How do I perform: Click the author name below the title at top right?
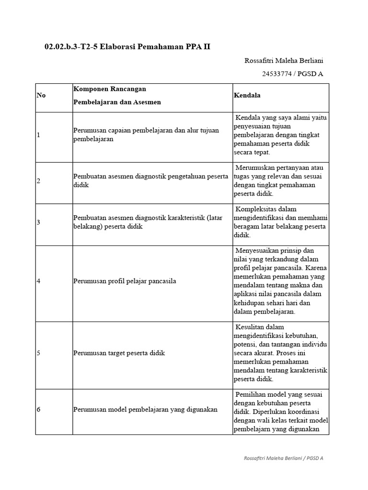pyautogui.click(x=284, y=61)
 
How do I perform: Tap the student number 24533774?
pyautogui.click(x=278, y=74)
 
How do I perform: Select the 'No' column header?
pyautogui.click(x=41, y=95)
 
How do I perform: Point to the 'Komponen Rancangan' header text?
pyautogui.click(x=110, y=89)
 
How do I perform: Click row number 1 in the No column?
pyautogui.click(x=39, y=135)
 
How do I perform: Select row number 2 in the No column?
pyautogui.click(x=39, y=181)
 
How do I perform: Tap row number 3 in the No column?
pyautogui.click(x=39, y=223)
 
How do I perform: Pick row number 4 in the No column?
pyautogui.click(x=39, y=281)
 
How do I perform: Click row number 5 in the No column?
pyautogui.click(x=39, y=353)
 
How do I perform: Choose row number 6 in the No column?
pyautogui.click(x=39, y=409)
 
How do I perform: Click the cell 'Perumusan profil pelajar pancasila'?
pyautogui.click(x=125, y=281)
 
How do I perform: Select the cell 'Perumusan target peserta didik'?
pyautogui.click(x=119, y=353)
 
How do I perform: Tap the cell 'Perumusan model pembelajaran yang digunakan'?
pyautogui.click(x=145, y=409)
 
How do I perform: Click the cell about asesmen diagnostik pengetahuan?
pyautogui.click(x=150, y=180)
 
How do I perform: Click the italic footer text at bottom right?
pyautogui.click(x=283, y=458)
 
